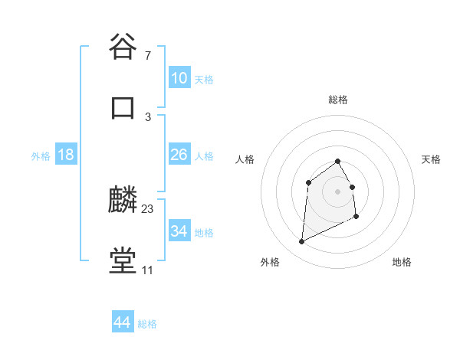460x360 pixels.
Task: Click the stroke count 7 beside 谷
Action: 147,55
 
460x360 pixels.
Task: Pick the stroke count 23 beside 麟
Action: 148,208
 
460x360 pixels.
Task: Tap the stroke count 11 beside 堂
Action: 147,270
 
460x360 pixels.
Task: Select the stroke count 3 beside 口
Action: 147,116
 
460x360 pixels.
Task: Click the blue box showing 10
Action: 179,78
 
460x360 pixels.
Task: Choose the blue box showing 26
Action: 179,155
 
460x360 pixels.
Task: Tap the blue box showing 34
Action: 179,231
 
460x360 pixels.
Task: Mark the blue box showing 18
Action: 66,155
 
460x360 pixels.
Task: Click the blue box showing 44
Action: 122,323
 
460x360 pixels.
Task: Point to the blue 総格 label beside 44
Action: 147,324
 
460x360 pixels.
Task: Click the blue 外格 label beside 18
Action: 41,155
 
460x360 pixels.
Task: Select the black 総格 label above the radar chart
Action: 337,100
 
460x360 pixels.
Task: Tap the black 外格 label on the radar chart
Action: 270,262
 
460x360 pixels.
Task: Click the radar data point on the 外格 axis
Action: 301,242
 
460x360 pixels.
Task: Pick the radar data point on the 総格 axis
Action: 337,161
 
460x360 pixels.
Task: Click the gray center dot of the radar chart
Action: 337,191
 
